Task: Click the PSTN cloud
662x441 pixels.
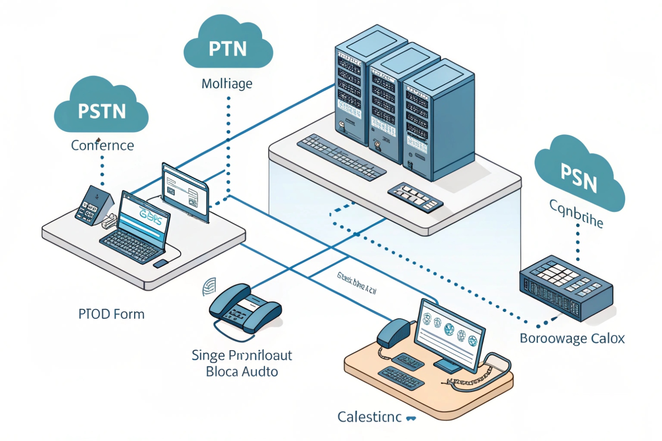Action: [x=101, y=109]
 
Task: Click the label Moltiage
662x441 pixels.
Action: [x=227, y=84]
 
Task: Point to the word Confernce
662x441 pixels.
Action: [x=102, y=145]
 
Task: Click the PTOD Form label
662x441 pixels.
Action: [x=111, y=314]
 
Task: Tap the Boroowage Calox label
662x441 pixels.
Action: [x=572, y=338]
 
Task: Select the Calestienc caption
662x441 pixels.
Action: [x=370, y=417]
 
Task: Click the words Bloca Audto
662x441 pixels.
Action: [x=242, y=372]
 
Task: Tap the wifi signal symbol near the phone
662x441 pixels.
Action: [x=209, y=287]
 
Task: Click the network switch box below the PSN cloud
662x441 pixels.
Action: [x=566, y=288]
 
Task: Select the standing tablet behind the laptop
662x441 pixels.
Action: [x=185, y=191]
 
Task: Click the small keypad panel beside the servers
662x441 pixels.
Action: [x=415, y=197]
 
